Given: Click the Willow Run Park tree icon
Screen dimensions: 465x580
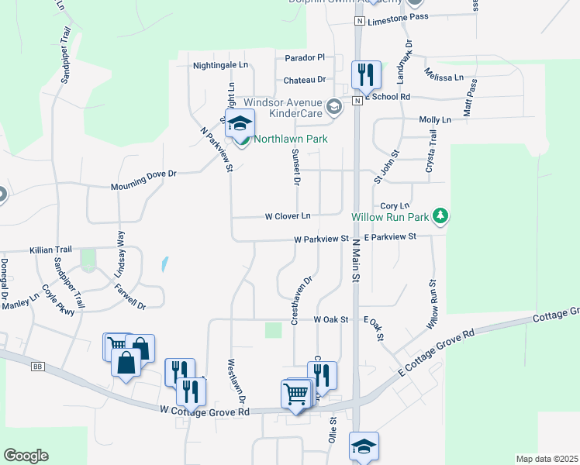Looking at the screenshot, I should pyautogui.click(x=440, y=215).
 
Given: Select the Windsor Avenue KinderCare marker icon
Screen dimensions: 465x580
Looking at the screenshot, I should pyautogui.click(x=334, y=107).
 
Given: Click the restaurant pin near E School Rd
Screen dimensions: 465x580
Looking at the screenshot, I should pyautogui.click(x=366, y=74).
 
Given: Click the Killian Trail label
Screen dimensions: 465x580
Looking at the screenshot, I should pyautogui.click(x=50, y=250).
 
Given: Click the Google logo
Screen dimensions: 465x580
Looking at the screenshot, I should pyautogui.click(x=26, y=456).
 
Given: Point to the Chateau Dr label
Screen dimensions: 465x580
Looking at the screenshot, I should pyautogui.click(x=305, y=80).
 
